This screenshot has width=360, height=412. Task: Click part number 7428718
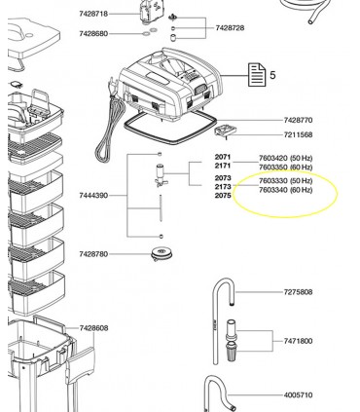(x=93, y=14)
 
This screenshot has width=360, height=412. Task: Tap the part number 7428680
(x=93, y=34)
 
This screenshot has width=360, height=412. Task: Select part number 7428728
(x=230, y=28)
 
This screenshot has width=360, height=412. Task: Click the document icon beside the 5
(x=257, y=75)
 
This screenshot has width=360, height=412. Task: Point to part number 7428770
(x=299, y=121)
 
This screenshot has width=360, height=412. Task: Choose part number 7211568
(x=299, y=134)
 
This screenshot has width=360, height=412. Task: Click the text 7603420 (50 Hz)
(x=285, y=158)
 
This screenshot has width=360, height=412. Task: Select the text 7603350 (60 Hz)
(x=285, y=168)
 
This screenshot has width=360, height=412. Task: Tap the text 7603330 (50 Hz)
(x=285, y=180)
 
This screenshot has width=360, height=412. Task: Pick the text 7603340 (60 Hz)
(x=285, y=190)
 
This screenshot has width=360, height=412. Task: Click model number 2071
(x=223, y=157)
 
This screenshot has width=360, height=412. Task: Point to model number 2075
(x=223, y=196)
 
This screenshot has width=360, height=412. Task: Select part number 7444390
(x=93, y=196)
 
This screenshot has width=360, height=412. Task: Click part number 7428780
(x=93, y=254)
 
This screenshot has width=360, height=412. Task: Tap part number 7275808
(x=299, y=292)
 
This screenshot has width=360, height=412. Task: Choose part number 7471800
(x=299, y=341)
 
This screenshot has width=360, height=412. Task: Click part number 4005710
(x=299, y=395)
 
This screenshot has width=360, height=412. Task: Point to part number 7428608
(x=94, y=328)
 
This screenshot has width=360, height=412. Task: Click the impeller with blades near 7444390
(x=161, y=176)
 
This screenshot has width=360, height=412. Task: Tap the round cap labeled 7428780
(x=162, y=254)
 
